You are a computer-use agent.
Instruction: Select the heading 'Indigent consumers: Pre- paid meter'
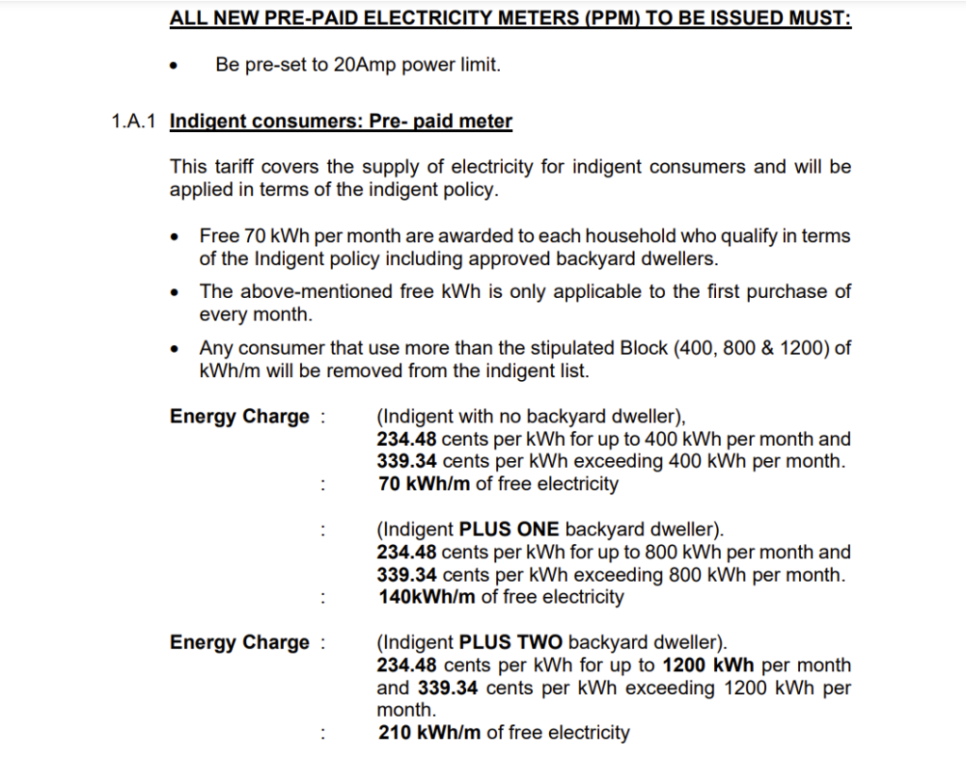point(341,122)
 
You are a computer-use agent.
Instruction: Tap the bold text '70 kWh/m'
point(416,485)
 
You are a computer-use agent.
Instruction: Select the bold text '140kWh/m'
point(427,598)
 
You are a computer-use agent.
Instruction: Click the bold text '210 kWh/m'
point(430,734)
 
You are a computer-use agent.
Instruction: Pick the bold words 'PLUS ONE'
point(508,530)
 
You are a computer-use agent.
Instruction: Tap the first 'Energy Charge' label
point(240,417)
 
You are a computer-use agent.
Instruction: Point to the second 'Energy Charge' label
point(240,643)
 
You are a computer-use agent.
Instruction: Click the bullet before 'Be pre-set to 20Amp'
point(173,67)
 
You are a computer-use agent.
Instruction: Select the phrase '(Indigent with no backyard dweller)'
point(529,417)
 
